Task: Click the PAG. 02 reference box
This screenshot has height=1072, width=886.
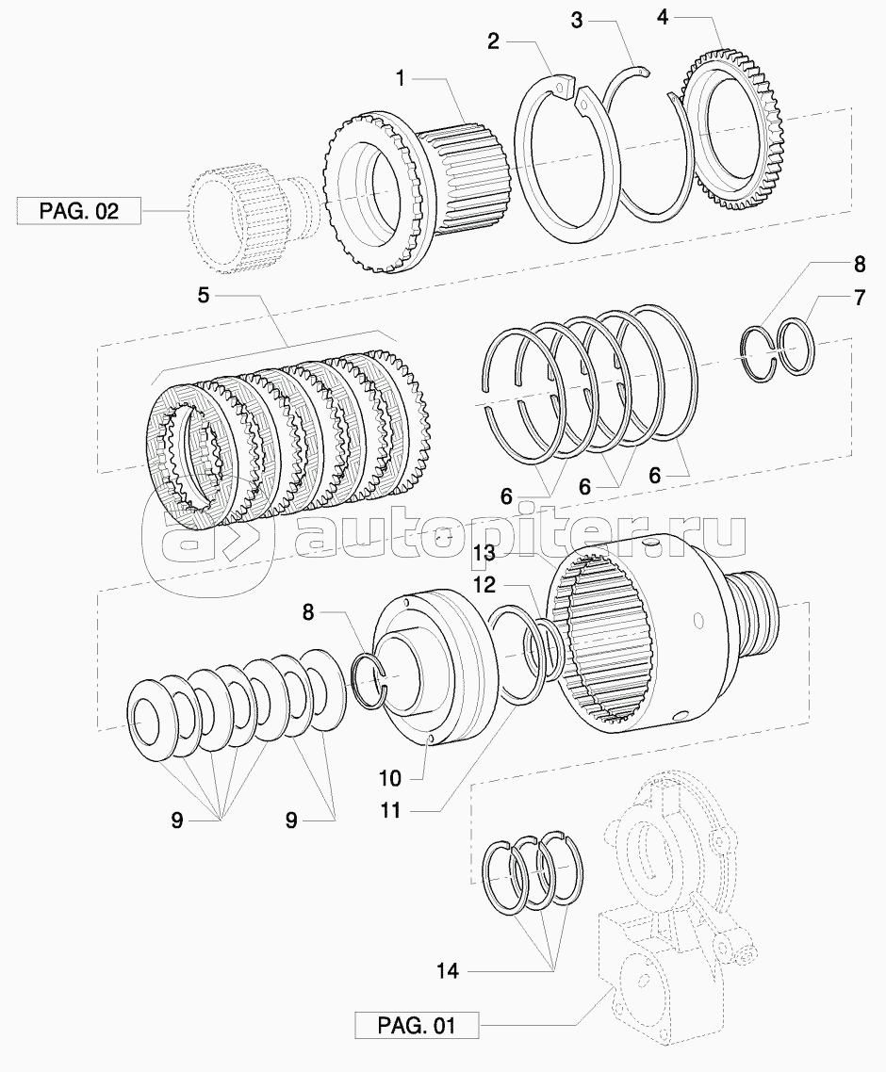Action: pyautogui.click(x=78, y=210)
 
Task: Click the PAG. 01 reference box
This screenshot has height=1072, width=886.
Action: pyautogui.click(x=417, y=1025)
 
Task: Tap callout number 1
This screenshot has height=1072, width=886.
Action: pyautogui.click(x=401, y=77)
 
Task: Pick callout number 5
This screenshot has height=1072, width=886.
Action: pyautogui.click(x=204, y=295)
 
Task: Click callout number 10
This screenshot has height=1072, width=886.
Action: pyautogui.click(x=390, y=778)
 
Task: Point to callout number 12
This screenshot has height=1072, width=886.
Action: pyautogui.click(x=484, y=584)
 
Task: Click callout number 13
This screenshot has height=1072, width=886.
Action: pyautogui.click(x=484, y=551)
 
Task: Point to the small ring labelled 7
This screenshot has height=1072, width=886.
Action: pyautogui.click(x=796, y=347)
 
